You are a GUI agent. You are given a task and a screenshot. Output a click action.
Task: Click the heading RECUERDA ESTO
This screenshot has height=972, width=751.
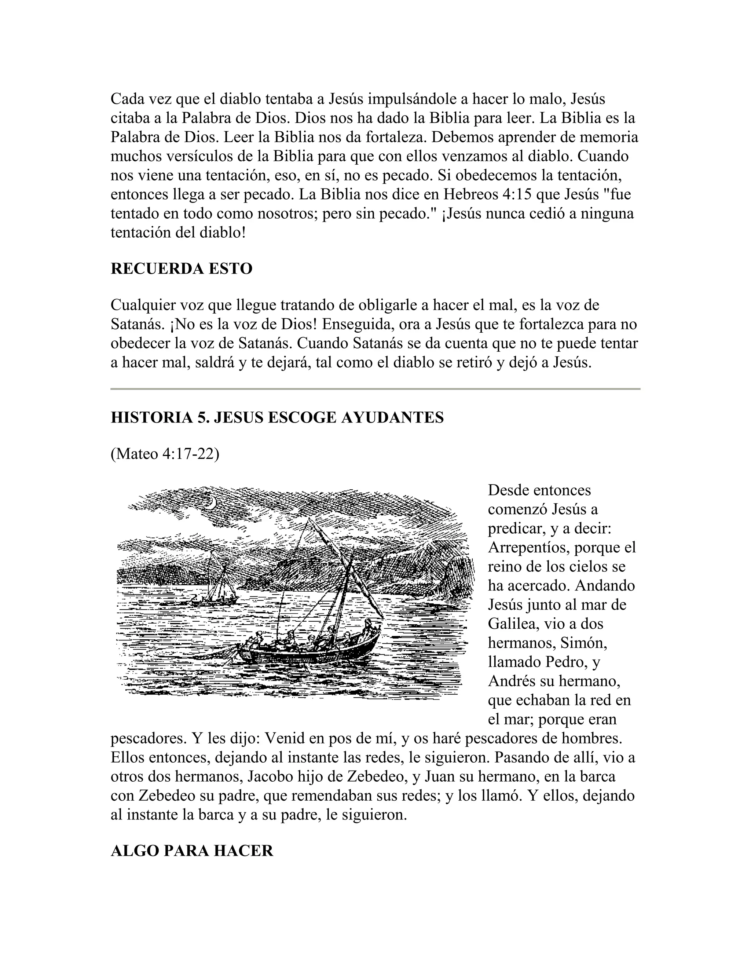(x=181, y=269)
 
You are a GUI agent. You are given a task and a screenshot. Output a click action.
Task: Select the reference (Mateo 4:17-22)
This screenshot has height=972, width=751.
(x=165, y=454)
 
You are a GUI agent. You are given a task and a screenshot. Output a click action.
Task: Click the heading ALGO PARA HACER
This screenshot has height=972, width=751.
(x=192, y=851)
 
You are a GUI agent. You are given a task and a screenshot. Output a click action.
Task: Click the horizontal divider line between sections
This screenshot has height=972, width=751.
(x=375, y=389)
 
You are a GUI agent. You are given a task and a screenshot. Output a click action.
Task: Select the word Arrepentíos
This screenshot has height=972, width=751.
(x=528, y=547)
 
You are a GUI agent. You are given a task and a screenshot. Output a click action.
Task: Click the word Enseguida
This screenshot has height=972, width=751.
(x=358, y=325)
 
